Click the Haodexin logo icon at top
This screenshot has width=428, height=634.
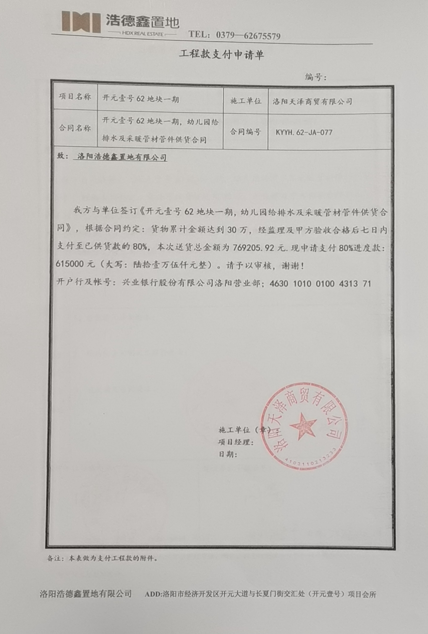(x=80, y=21)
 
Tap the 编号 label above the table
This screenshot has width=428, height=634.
(x=316, y=77)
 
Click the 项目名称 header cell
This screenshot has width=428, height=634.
(x=74, y=97)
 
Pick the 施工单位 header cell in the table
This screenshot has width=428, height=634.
(x=245, y=101)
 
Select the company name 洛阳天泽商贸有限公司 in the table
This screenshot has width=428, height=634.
(x=312, y=102)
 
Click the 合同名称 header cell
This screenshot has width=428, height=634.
(x=74, y=128)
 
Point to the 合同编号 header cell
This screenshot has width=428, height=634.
(x=245, y=131)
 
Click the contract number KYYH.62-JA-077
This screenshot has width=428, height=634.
(x=304, y=132)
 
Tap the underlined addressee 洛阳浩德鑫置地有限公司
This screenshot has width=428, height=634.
(x=122, y=157)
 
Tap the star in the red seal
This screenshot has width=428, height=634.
(x=303, y=426)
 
